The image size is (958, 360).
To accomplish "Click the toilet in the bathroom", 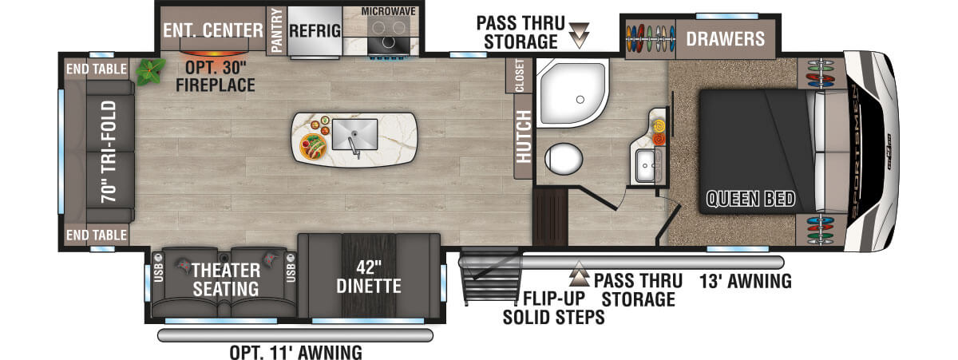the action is (x=564, y=159).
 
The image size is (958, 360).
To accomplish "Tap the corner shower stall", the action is (x=572, y=93).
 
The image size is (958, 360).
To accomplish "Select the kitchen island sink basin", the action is (x=355, y=135).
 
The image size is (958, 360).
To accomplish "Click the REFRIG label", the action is (x=315, y=31).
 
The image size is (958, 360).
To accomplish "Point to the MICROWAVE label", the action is (x=388, y=11).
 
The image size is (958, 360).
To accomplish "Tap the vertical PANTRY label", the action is (x=277, y=30).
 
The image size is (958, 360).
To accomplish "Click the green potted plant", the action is (x=150, y=71).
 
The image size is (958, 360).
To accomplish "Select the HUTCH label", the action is (x=524, y=136).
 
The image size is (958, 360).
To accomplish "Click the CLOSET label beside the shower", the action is (x=519, y=75).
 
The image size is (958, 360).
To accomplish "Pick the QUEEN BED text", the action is (x=750, y=199).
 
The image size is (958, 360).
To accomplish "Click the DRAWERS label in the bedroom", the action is (x=726, y=39).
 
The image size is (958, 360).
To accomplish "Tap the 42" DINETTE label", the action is (x=369, y=277).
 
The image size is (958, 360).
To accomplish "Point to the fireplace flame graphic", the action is (x=213, y=53).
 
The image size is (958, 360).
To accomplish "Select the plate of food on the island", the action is (x=314, y=146).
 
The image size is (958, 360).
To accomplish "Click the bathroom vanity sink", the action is (x=646, y=166).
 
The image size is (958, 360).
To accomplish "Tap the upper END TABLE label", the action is (x=97, y=69).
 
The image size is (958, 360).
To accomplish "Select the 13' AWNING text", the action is (x=746, y=281).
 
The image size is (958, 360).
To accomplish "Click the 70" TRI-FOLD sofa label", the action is (x=109, y=152).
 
